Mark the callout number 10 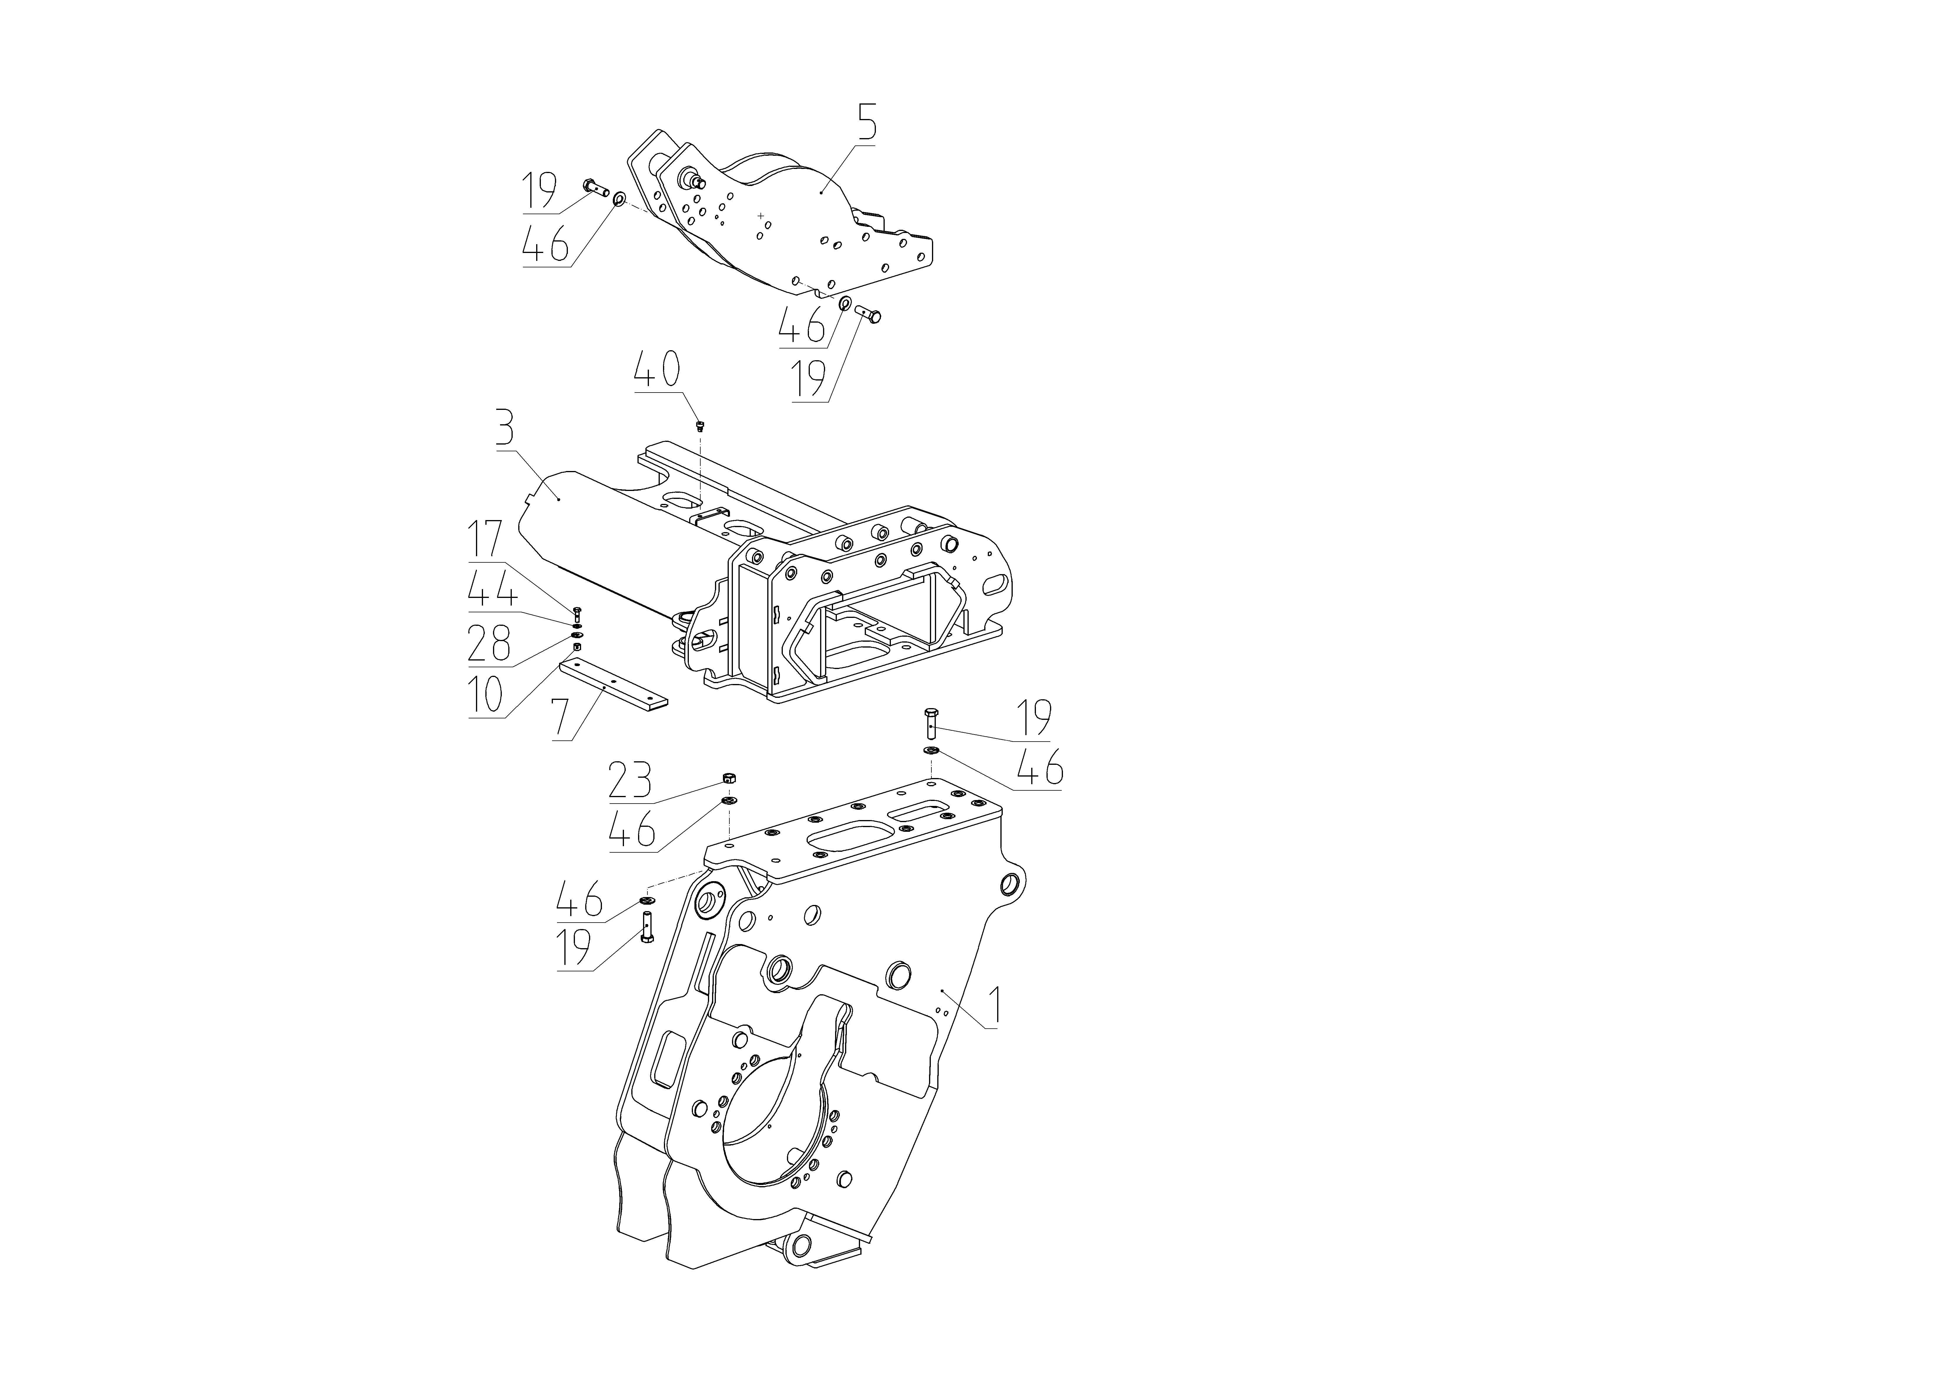tap(486, 695)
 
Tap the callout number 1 tap(996, 1006)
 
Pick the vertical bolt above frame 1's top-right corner tap(929, 725)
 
